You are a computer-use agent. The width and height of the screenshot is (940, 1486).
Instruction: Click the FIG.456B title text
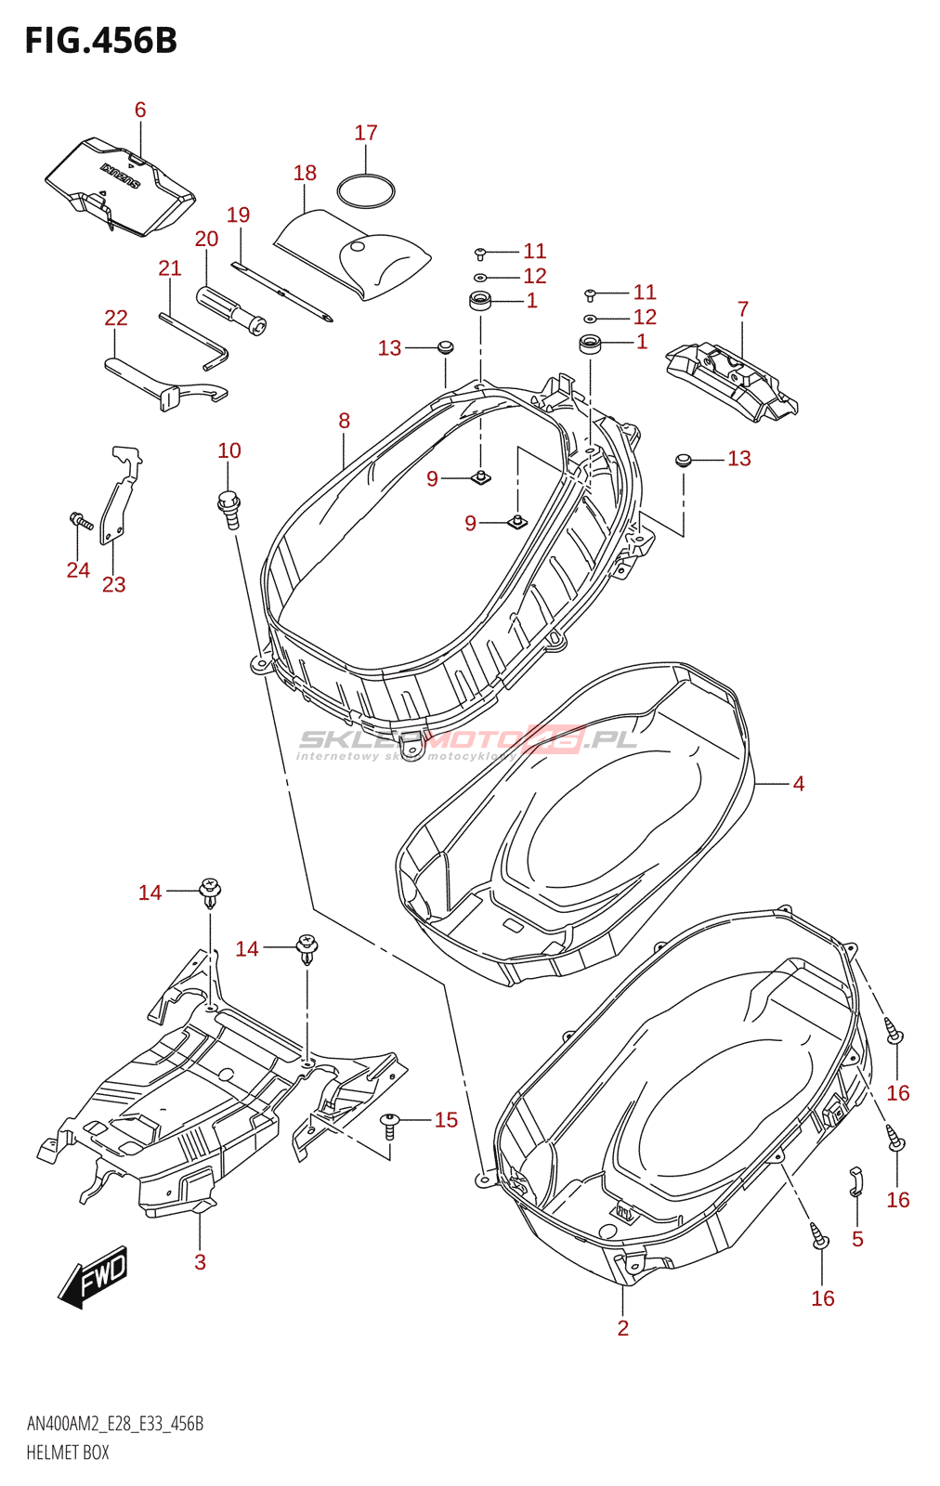[x=100, y=41]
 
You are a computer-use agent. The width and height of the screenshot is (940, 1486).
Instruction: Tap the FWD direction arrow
[x=94, y=1277]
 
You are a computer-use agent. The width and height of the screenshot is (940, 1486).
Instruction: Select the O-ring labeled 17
[x=366, y=191]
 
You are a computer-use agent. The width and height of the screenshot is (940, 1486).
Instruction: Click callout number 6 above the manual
[x=140, y=110]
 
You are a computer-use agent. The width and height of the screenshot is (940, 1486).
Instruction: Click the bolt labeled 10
[x=228, y=507]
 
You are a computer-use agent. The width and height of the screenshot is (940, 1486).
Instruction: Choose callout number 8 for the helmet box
[x=344, y=421]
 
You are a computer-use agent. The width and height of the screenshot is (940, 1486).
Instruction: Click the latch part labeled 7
[x=734, y=381]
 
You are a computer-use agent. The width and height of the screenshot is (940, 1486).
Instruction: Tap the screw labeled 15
[x=390, y=1126]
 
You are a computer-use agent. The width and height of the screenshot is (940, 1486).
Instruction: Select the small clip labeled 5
[x=856, y=1181]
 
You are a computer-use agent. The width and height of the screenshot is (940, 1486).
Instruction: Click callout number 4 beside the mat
[x=798, y=784]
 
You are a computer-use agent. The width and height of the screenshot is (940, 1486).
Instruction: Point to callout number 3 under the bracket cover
[x=200, y=1261]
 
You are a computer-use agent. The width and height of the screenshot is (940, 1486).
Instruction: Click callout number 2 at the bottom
[x=622, y=1328]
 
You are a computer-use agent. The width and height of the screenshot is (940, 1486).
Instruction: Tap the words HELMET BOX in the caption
[x=68, y=1453]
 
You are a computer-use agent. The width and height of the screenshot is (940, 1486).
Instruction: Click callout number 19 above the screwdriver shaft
[x=239, y=215]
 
